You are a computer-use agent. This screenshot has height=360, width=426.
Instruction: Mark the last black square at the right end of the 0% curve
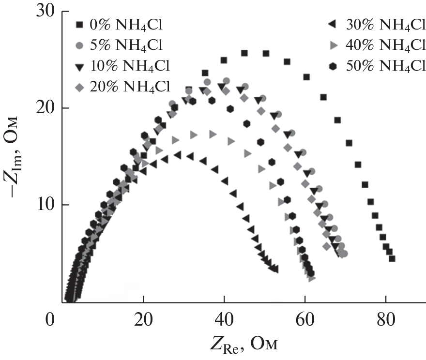click(392, 259)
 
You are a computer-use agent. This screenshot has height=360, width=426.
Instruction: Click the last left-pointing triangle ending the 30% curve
click(275, 269)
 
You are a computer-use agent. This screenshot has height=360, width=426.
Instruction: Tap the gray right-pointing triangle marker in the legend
click(333, 45)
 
